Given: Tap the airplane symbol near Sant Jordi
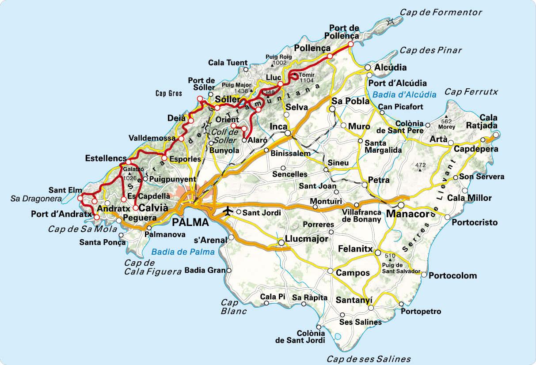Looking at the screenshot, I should point(228,211).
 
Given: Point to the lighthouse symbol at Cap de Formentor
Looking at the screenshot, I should point(390,22).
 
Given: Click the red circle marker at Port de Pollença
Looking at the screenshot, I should point(350,44).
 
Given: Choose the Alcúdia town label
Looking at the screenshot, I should point(391,68).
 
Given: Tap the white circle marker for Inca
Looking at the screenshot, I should point(287,133).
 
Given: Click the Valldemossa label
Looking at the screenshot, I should point(152,138).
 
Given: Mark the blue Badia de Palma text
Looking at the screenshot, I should point(182,252).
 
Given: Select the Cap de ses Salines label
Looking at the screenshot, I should point(369,359).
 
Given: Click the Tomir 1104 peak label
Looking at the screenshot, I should point(306,78).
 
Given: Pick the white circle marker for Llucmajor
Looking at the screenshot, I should point(281,243).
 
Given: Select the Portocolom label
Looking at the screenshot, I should point(453,275).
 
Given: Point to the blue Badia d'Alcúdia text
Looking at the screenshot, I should point(404,94).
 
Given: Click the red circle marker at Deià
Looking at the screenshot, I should point(191,121).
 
